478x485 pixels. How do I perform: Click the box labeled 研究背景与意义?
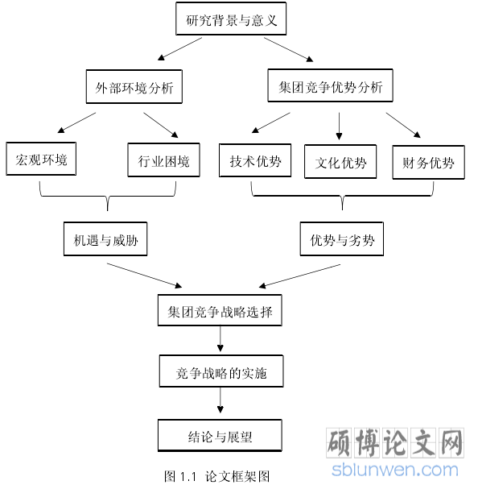tap(231, 19)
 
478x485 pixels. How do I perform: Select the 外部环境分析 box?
tap(134, 87)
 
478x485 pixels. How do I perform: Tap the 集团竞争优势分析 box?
tap(330, 85)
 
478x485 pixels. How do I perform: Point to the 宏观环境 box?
tap(41, 159)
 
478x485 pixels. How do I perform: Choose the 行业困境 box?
tap(164, 160)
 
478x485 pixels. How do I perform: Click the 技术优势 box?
tap(255, 160)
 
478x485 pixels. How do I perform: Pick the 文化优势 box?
tap(340, 161)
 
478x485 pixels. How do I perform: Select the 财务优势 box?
tap(429, 163)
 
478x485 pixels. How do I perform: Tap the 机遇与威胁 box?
tap(105, 238)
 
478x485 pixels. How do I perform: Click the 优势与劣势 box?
tap(342, 238)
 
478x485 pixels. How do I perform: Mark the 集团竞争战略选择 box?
tap(220, 310)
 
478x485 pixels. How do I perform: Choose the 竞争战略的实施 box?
tap(221, 371)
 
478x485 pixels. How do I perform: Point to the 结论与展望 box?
tap(220, 436)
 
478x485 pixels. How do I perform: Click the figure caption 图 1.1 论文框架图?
tap(217, 476)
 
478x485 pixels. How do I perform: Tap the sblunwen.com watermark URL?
tap(395, 470)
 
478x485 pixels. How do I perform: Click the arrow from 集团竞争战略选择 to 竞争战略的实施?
tap(220, 339)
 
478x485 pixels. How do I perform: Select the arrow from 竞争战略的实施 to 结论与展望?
tap(220, 400)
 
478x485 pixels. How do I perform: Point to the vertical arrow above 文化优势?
tap(339, 126)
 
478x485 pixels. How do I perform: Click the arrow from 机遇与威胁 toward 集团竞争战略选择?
tap(145, 276)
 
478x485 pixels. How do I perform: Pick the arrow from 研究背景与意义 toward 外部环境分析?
tap(179, 49)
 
